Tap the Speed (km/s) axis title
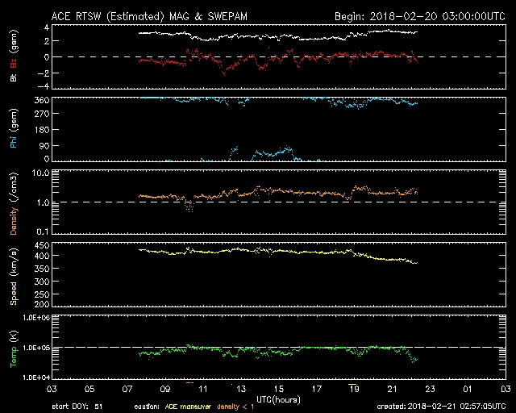[14, 277]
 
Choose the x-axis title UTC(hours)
[278, 398]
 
